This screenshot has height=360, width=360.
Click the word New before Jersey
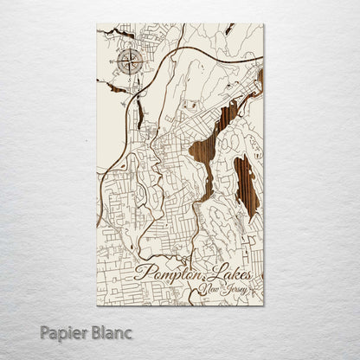coord(208,289)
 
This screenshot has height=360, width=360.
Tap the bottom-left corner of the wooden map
coord(97,305)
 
